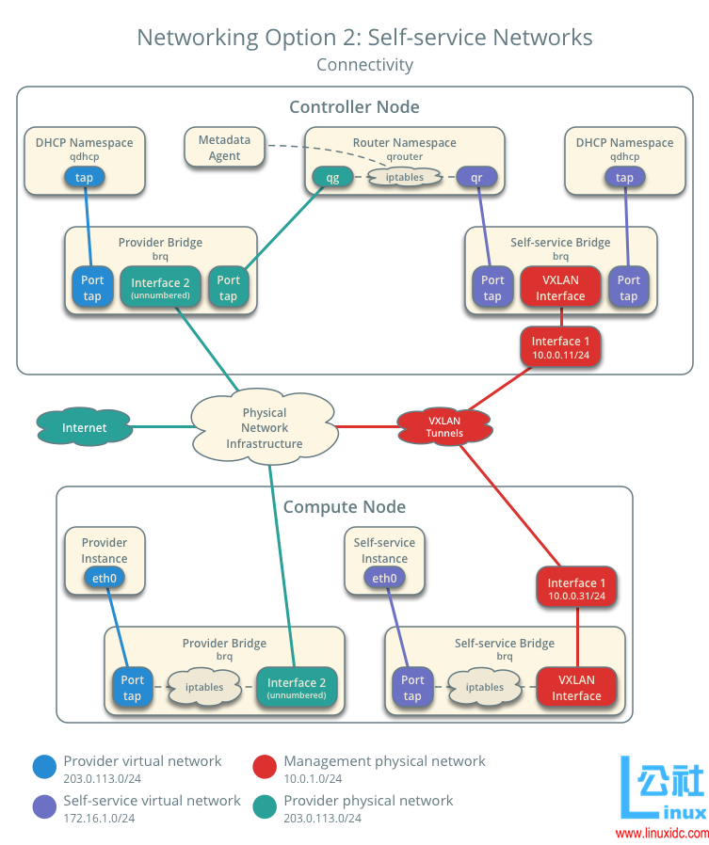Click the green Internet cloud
click(x=84, y=427)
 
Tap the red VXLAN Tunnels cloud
click(x=444, y=426)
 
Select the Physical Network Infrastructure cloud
click(x=265, y=428)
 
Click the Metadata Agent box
click(x=224, y=148)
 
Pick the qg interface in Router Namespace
click(x=332, y=176)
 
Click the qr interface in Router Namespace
click(x=476, y=176)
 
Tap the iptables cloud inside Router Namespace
click(x=405, y=176)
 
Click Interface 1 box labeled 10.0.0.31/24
click(x=576, y=589)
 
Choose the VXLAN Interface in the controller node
click(x=560, y=288)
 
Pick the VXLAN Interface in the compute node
click(x=576, y=688)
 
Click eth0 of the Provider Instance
click(x=105, y=579)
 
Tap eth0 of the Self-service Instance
click(x=384, y=579)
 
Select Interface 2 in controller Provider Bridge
click(x=160, y=288)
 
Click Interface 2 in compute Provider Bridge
click(x=296, y=688)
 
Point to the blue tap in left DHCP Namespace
click(x=85, y=177)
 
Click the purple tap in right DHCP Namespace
click(x=624, y=177)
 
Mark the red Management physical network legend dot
click(x=265, y=768)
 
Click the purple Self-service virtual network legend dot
click(x=44, y=807)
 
